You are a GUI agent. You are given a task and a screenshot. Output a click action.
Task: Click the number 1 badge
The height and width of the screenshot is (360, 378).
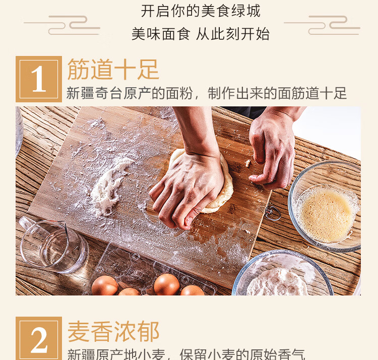pyautogui.click(x=39, y=79)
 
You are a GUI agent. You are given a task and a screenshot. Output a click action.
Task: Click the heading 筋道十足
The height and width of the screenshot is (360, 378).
pyautogui.click(x=113, y=70)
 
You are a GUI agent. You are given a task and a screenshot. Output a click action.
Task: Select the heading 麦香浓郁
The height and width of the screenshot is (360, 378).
pyautogui.click(x=113, y=331)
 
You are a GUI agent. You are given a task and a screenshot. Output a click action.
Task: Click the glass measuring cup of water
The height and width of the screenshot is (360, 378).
pyautogui.click(x=50, y=245)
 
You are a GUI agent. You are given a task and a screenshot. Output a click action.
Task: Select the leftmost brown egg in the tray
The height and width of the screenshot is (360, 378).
pyautogui.click(x=104, y=285)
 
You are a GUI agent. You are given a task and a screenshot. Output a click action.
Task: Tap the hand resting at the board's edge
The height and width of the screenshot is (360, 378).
pyautogui.click(x=272, y=151)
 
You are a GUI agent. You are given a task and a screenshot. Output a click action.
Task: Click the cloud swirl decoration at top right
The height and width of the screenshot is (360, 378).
pyautogui.click(x=323, y=25)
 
